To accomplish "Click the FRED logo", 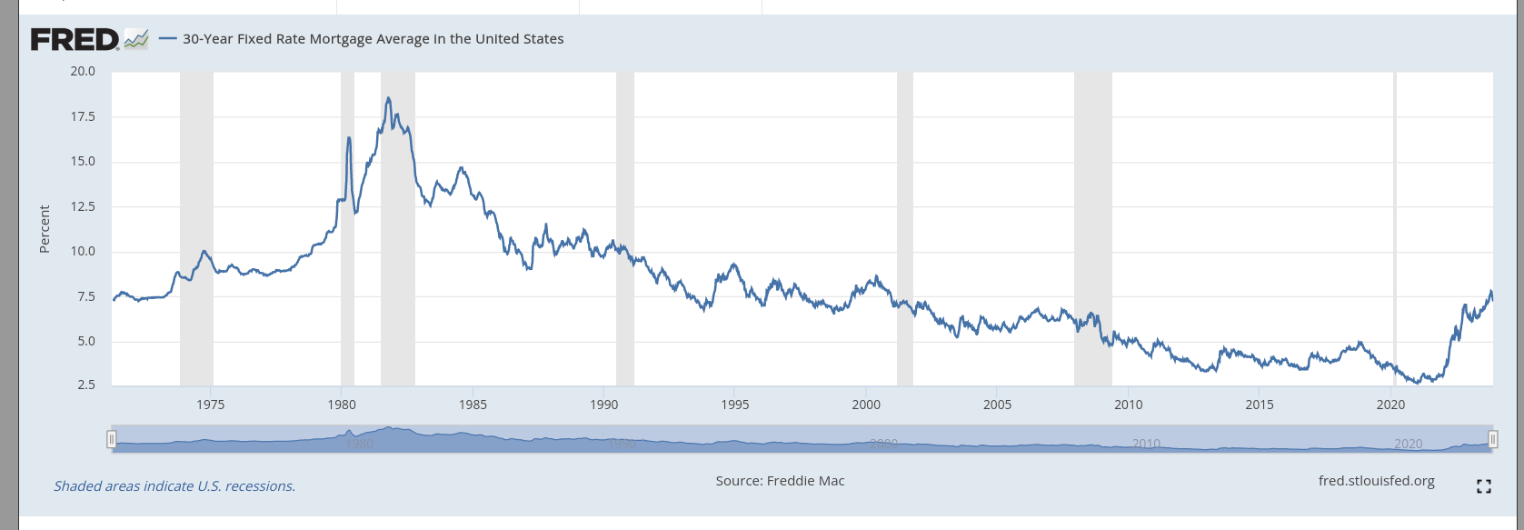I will click(x=75, y=39).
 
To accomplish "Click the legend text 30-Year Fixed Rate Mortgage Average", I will click(x=373, y=39).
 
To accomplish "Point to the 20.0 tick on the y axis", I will click(x=83, y=71).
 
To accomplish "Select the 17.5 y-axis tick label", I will click(x=83, y=116).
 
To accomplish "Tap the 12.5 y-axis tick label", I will click(x=83, y=206).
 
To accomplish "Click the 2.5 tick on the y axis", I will click(x=86, y=385).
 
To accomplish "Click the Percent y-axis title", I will click(x=45, y=229).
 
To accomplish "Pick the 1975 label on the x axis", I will click(x=210, y=405).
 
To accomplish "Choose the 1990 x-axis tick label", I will click(x=603, y=405).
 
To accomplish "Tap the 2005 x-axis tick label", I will click(x=997, y=405).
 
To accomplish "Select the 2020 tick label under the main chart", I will click(x=1390, y=405).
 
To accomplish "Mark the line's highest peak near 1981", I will click(x=388, y=98).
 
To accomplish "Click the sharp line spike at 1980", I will click(x=349, y=137).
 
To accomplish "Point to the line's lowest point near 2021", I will click(x=1418, y=383).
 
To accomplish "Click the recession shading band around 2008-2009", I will click(x=1092, y=227).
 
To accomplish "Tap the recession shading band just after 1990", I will click(x=624, y=227).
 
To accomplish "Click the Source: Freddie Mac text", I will click(x=780, y=481).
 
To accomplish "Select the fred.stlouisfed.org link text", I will click(x=1376, y=481).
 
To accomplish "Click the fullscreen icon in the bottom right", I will click(x=1484, y=486).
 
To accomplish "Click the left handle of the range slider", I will click(x=112, y=440).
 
